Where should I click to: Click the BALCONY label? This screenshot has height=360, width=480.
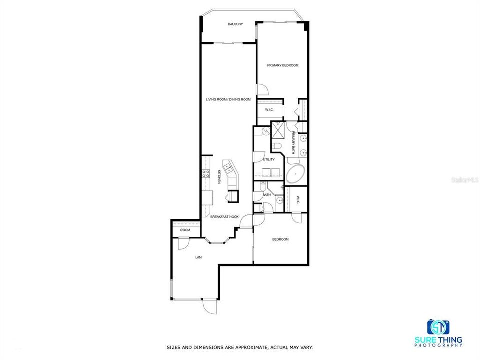pyautogui.click(x=235, y=24)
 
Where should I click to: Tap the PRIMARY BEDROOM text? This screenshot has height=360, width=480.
pyautogui.click(x=283, y=65)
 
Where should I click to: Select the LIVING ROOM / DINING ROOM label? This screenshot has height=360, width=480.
pyautogui.click(x=228, y=99)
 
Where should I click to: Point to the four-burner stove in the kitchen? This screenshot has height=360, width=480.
pyautogui.click(x=206, y=174)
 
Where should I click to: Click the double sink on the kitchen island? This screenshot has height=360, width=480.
pyautogui.click(x=228, y=168)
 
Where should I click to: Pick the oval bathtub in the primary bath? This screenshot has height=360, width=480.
pyautogui.click(x=295, y=174)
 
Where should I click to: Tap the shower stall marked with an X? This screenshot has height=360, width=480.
pyautogui.click(x=278, y=130)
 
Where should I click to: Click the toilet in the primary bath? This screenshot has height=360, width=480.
pyautogui.click(x=277, y=146)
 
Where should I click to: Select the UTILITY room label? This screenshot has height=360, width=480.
pyautogui.click(x=269, y=159)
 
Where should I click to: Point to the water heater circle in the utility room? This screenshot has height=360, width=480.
pyautogui.click(x=266, y=131)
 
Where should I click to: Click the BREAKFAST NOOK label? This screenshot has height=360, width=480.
pyautogui.click(x=224, y=217)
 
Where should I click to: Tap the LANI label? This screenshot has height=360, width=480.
pyautogui.click(x=199, y=257)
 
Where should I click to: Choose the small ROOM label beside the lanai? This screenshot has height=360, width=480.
pyautogui.click(x=185, y=230)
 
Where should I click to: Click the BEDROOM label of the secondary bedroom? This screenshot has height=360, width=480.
pyautogui.click(x=280, y=239)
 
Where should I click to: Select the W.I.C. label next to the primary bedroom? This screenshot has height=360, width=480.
pyautogui.click(x=269, y=110)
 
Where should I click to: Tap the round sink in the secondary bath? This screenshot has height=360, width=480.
pyautogui.click(x=280, y=201)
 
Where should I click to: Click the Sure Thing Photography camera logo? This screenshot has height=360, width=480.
pyautogui.click(x=438, y=327)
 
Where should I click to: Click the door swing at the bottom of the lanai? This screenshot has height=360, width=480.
pyautogui.click(x=210, y=306)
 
